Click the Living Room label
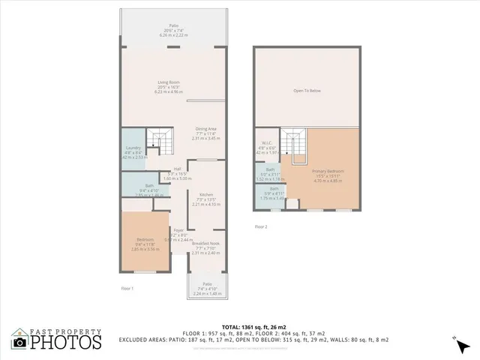[168, 82]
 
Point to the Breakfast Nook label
[205, 243]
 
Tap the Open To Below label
[306, 91]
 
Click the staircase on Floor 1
[158, 139]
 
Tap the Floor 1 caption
[127, 287]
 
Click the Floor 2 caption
[260, 226]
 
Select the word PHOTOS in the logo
[66, 342]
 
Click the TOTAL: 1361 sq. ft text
[238, 326]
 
